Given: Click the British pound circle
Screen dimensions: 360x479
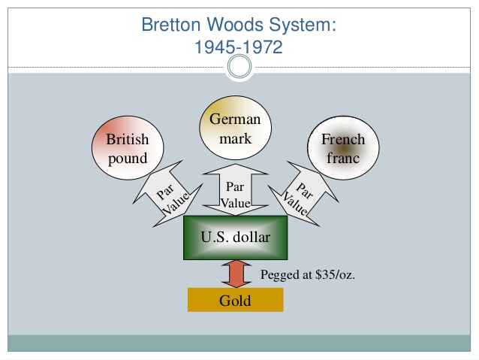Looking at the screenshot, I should coord(128,148).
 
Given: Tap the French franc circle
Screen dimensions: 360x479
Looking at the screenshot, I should coord(342,148).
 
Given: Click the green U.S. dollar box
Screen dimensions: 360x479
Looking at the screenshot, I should coord(235,237).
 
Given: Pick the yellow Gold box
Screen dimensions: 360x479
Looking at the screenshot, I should coord(235,300).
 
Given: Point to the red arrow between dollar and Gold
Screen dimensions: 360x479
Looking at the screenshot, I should coord(235,274).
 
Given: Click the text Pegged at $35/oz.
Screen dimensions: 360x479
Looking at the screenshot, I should coord(308,275).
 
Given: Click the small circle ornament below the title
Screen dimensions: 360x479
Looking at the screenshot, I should coord(239,69).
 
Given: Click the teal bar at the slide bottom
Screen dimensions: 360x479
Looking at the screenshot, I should coord(239,343).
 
